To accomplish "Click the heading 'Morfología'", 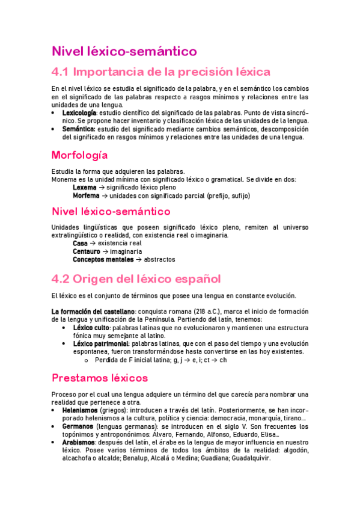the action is [x=80, y=155].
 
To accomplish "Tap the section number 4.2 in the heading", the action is [x=61, y=279].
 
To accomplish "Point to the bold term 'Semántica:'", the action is [x=79, y=129].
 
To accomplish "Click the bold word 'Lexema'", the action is [x=84, y=187].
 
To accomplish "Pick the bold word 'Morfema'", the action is [x=86, y=195].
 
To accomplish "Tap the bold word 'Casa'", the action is [x=80, y=243].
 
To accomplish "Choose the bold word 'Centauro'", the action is [x=87, y=251].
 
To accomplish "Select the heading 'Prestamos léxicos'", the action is [x=99, y=378].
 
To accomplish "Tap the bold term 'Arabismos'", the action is [x=79, y=442].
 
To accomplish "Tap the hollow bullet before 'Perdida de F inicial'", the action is [x=87, y=360].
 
